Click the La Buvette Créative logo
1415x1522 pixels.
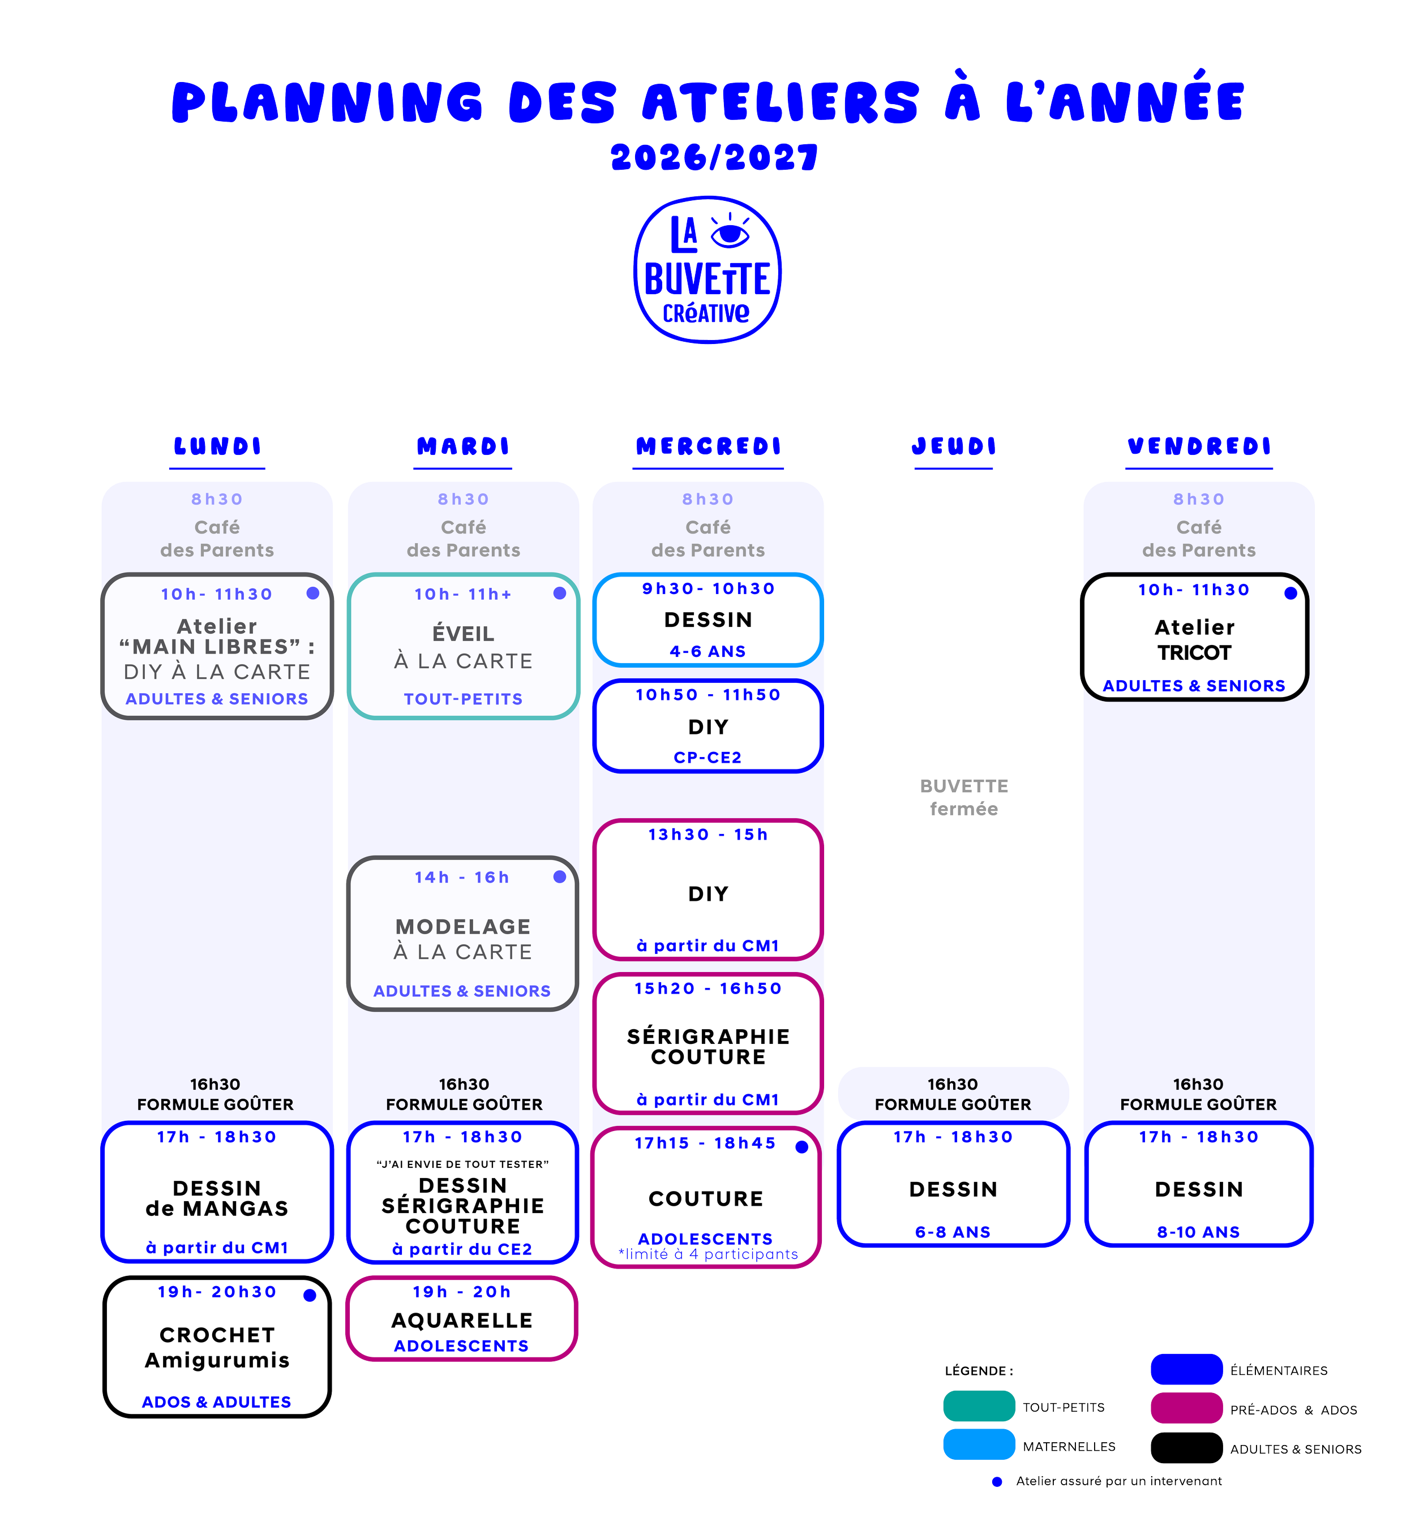click(x=707, y=269)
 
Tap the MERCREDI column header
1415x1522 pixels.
click(x=708, y=446)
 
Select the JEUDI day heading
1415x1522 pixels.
click(x=953, y=446)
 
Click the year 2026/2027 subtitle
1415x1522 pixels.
click(x=714, y=158)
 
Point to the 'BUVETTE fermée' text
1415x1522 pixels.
click(x=963, y=797)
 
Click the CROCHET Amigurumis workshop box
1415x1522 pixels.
click(x=217, y=1346)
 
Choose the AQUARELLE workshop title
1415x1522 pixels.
click(x=462, y=1320)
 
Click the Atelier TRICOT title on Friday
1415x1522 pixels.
click(x=1194, y=640)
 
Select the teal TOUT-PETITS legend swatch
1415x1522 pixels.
click(x=979, y=1405)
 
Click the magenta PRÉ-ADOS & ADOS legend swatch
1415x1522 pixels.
click(x=1186, y=1408)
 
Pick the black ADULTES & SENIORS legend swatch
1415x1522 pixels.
click(x=1186, y=1447)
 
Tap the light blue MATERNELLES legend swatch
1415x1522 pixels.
click(x=979, y=1444)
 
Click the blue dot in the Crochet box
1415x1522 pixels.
click(x=310, y=1295)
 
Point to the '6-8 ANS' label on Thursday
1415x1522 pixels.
click(x=953, y=1232)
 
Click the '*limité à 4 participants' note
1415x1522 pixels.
click(x=708, y=1254)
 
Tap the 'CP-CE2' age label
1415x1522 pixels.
click(x=707, y=757)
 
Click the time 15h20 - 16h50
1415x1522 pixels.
click(x=708, y=988)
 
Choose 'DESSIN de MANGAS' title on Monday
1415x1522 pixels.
click(x=217, y=1198)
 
